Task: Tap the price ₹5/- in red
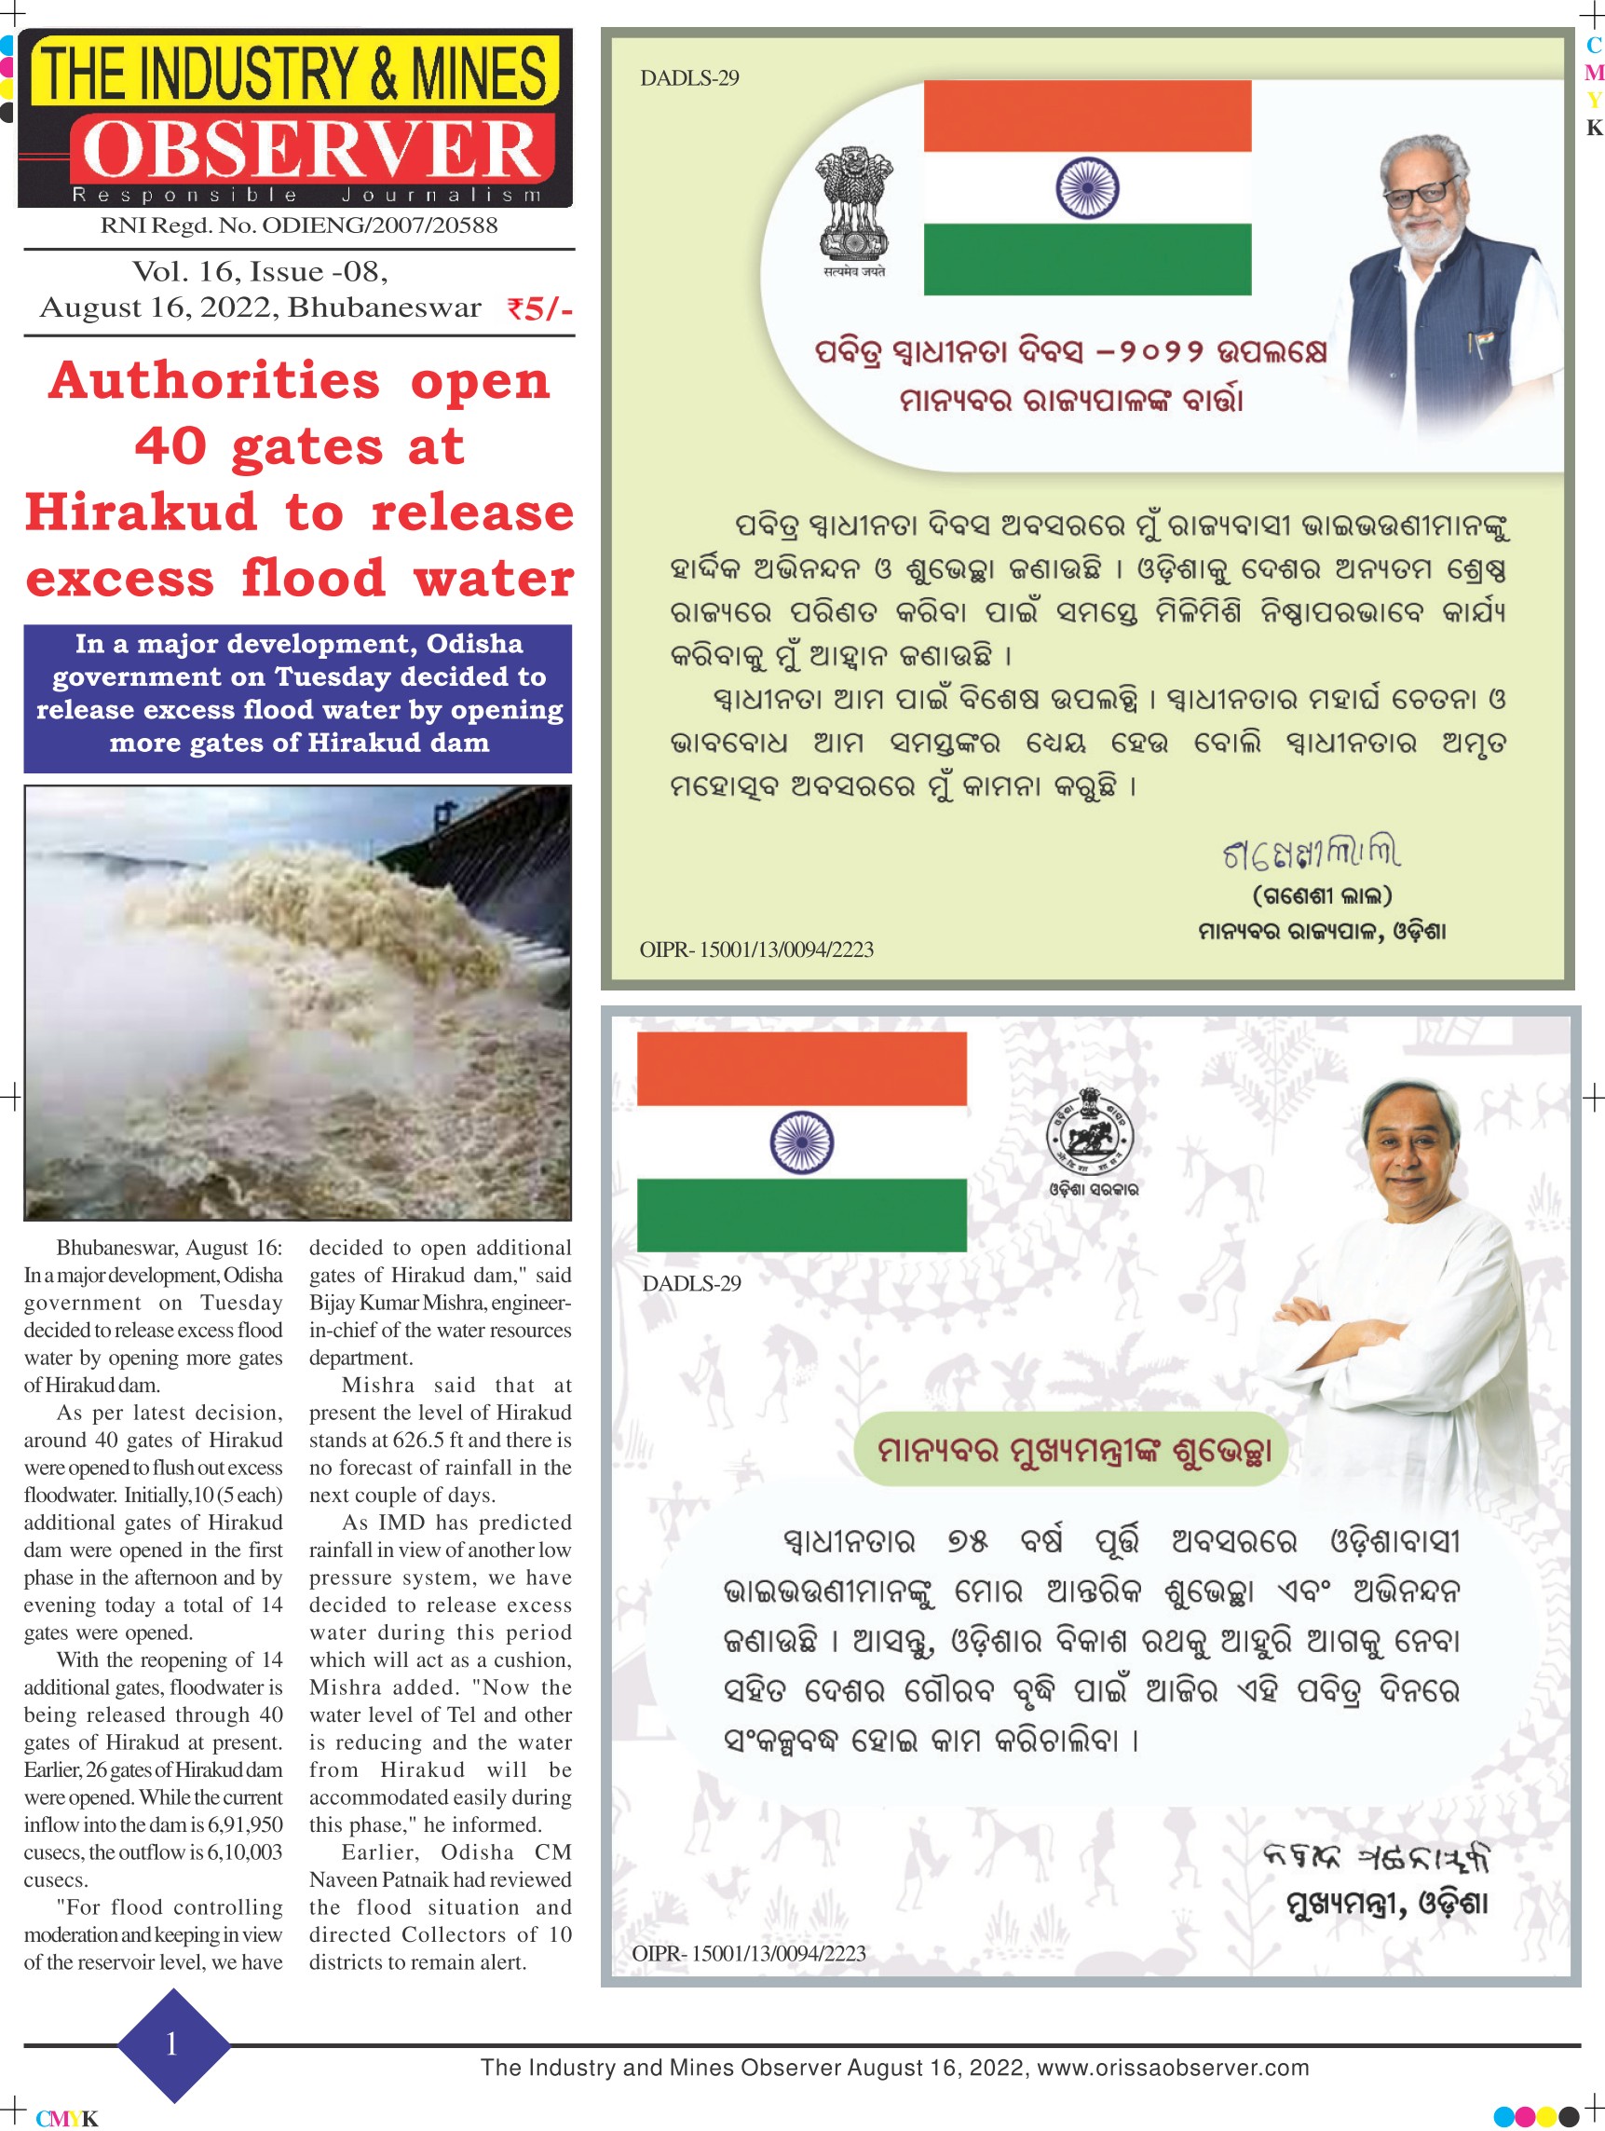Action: coord(538,309)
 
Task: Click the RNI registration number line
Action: coord(299,225)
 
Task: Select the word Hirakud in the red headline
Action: coord(141,512)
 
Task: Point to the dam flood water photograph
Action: coord(298,1002)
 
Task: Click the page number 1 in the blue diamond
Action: coord(171,2044)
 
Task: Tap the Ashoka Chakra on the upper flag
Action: coord(1087,187)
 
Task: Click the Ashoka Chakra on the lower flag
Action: coord(801,1142)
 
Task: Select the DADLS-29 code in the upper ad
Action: coord(689,79)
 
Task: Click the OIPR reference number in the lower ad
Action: coord(749,1953)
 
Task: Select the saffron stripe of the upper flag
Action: coord(1087,116)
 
